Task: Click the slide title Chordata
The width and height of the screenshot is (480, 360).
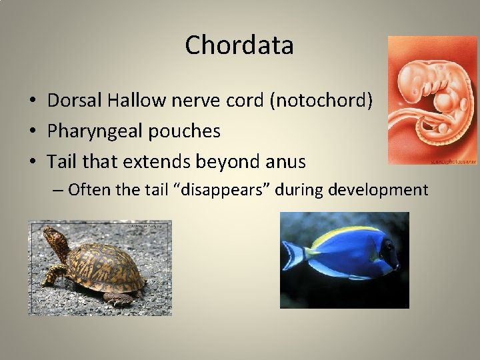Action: click(239, 45)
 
